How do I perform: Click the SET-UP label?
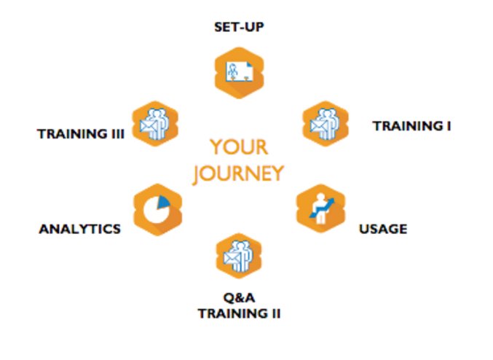tap(238, 28)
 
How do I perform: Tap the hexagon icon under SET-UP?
tap(239, 71)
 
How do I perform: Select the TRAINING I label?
tap(411, 125)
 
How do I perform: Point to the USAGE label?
tap(382, 229)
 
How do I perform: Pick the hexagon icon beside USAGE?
tap(320, 209)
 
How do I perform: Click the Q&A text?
tap(238, 299)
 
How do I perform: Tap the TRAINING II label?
tap(239, 313)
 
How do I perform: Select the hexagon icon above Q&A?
tap(238, 256)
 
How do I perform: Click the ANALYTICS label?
tap(79, 229)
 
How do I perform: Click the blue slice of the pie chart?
tap(163, 202)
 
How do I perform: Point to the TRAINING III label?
tap(82, 133)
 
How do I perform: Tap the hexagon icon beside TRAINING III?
tap(155, 123)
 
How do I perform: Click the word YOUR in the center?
tap(239, 147)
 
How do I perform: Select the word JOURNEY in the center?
tap(239, 173)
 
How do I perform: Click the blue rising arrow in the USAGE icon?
tap(325, 203)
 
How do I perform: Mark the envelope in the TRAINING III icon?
tap(147, 128)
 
